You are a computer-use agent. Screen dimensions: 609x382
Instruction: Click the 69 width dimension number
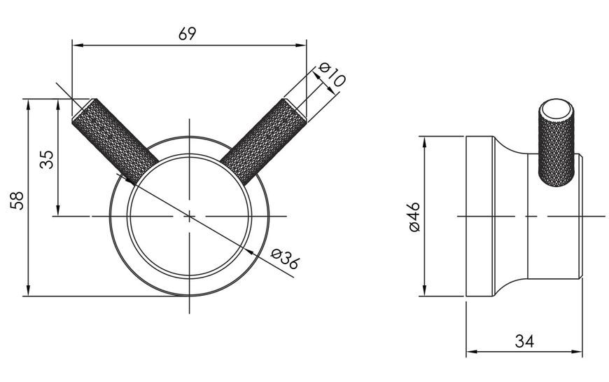[x=188, y=34]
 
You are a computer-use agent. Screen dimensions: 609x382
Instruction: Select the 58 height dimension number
[x=17, y=200]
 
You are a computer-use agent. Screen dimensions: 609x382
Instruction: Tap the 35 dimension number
[x=47, y=159]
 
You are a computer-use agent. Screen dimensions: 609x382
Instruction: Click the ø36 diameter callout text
[x=285, y=259]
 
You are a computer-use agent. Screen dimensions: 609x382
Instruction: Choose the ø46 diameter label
[x=415, y=217]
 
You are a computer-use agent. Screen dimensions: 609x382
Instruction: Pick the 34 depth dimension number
[x=524, y=341]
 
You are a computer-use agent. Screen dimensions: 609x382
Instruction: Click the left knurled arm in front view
[x=115, y=141]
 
